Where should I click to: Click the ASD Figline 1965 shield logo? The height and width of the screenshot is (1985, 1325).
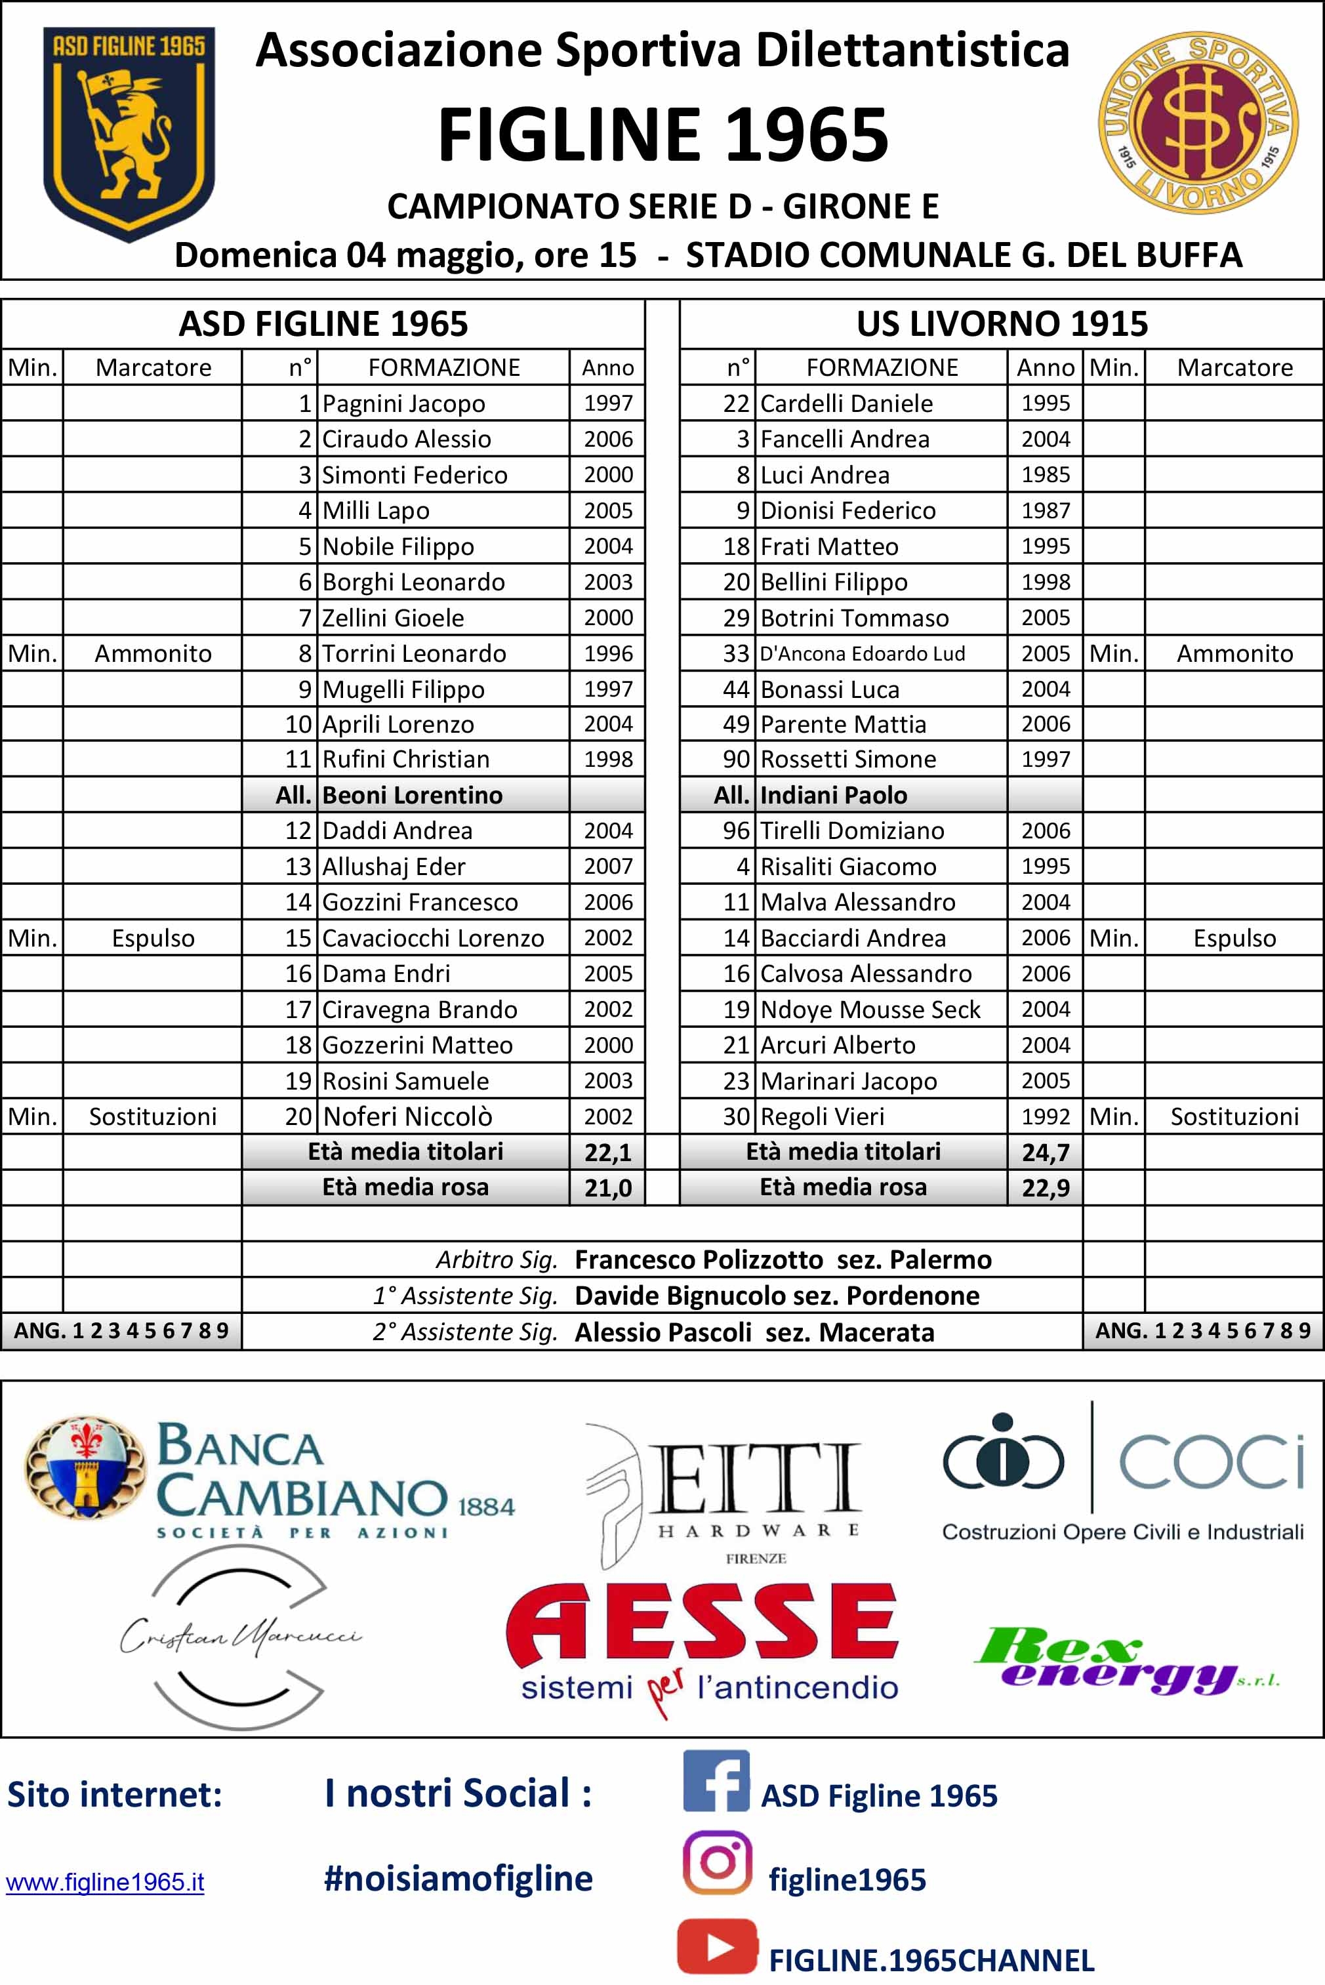129,134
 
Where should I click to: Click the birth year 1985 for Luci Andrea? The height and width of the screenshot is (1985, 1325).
1046,475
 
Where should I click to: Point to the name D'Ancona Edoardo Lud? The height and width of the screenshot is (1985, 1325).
862,653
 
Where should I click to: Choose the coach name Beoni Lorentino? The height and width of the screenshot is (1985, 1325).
413,795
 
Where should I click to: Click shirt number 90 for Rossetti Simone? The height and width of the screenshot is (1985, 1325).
736,759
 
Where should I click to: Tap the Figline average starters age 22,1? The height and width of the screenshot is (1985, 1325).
607,1152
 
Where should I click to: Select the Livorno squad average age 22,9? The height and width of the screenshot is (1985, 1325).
1046,1188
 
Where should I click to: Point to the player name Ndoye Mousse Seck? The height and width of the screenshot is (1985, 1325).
870,1009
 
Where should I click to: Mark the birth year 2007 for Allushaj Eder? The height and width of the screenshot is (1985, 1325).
607,866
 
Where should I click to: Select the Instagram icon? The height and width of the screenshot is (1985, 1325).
718,1862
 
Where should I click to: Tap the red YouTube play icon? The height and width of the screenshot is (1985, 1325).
718,1947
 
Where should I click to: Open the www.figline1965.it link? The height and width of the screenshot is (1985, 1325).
105,1883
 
